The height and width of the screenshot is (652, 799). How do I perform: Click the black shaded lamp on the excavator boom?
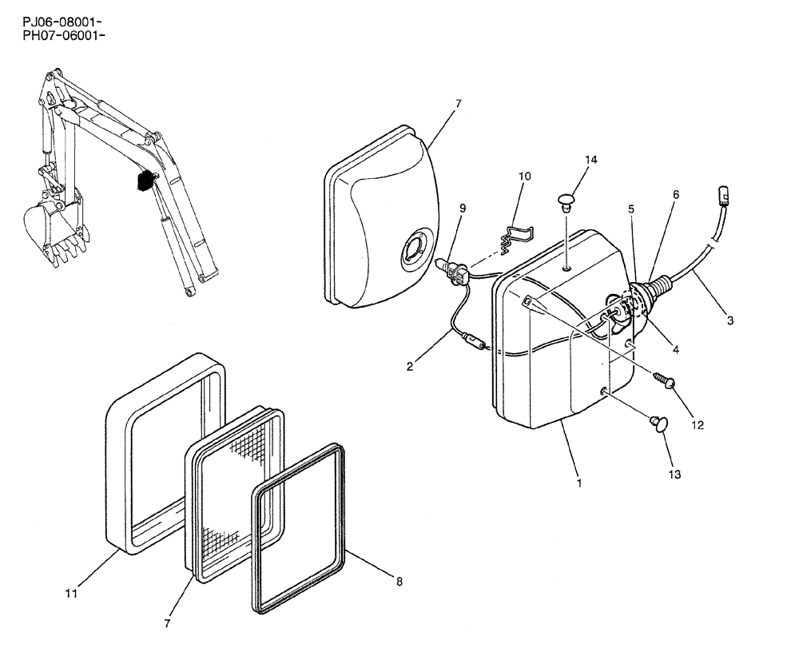click(x=145, y=181)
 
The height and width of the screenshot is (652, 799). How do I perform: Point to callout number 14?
click(x=590, y=160)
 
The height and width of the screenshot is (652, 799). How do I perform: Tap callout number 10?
click(x=524, y=175)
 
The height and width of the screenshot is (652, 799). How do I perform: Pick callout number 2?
click(x=409, y=367)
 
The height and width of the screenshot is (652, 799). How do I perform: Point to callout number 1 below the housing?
click(x=578, y=483)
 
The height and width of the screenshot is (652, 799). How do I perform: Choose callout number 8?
click(x=399, y=582)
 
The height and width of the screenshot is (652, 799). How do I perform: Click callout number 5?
click(x=631, y=209)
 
